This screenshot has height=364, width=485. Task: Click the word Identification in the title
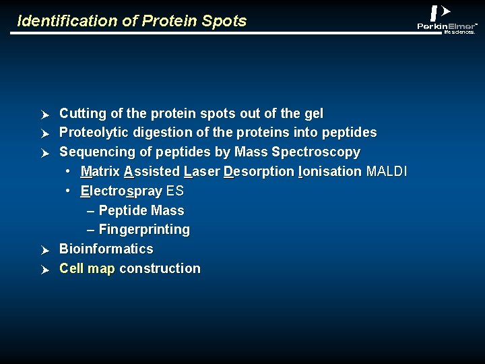67,21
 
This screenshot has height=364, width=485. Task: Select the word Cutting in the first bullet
83,114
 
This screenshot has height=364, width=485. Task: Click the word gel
314,114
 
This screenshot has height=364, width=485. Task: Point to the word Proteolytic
94,133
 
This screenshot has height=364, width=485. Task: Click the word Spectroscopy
316,152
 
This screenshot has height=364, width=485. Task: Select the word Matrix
100,171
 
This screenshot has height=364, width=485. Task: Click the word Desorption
259,172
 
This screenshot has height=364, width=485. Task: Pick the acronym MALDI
387,171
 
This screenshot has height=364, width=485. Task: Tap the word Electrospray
121,191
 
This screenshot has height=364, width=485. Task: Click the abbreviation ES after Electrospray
175,191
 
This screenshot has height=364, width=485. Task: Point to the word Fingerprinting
144,230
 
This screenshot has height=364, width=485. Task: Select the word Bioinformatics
106,249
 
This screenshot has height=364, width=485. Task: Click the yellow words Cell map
87,269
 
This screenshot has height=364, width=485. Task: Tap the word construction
160,268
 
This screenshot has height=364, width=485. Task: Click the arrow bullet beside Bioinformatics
45,250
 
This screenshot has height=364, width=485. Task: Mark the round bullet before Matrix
68,171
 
